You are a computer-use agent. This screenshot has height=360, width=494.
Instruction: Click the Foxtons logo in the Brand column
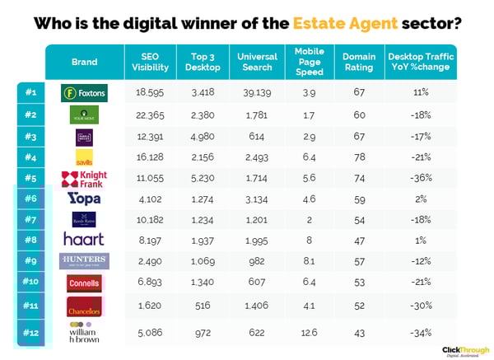point(84,93)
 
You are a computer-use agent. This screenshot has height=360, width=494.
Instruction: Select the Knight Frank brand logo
point(84,178)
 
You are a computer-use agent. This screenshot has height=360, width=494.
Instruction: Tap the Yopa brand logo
point(84,199)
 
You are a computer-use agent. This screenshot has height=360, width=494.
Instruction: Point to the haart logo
point(84,239)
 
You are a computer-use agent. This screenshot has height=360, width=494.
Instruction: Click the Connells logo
point(84,283)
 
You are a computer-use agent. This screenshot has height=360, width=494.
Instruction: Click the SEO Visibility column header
point(150,62)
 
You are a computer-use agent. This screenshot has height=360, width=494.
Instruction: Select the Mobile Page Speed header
point(310,62)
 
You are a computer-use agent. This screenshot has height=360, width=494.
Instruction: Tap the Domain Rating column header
point(359,62)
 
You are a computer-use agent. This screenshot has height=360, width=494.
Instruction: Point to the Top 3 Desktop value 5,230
point(201,178)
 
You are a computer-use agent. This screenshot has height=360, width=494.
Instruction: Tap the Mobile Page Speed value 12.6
point(310,334)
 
